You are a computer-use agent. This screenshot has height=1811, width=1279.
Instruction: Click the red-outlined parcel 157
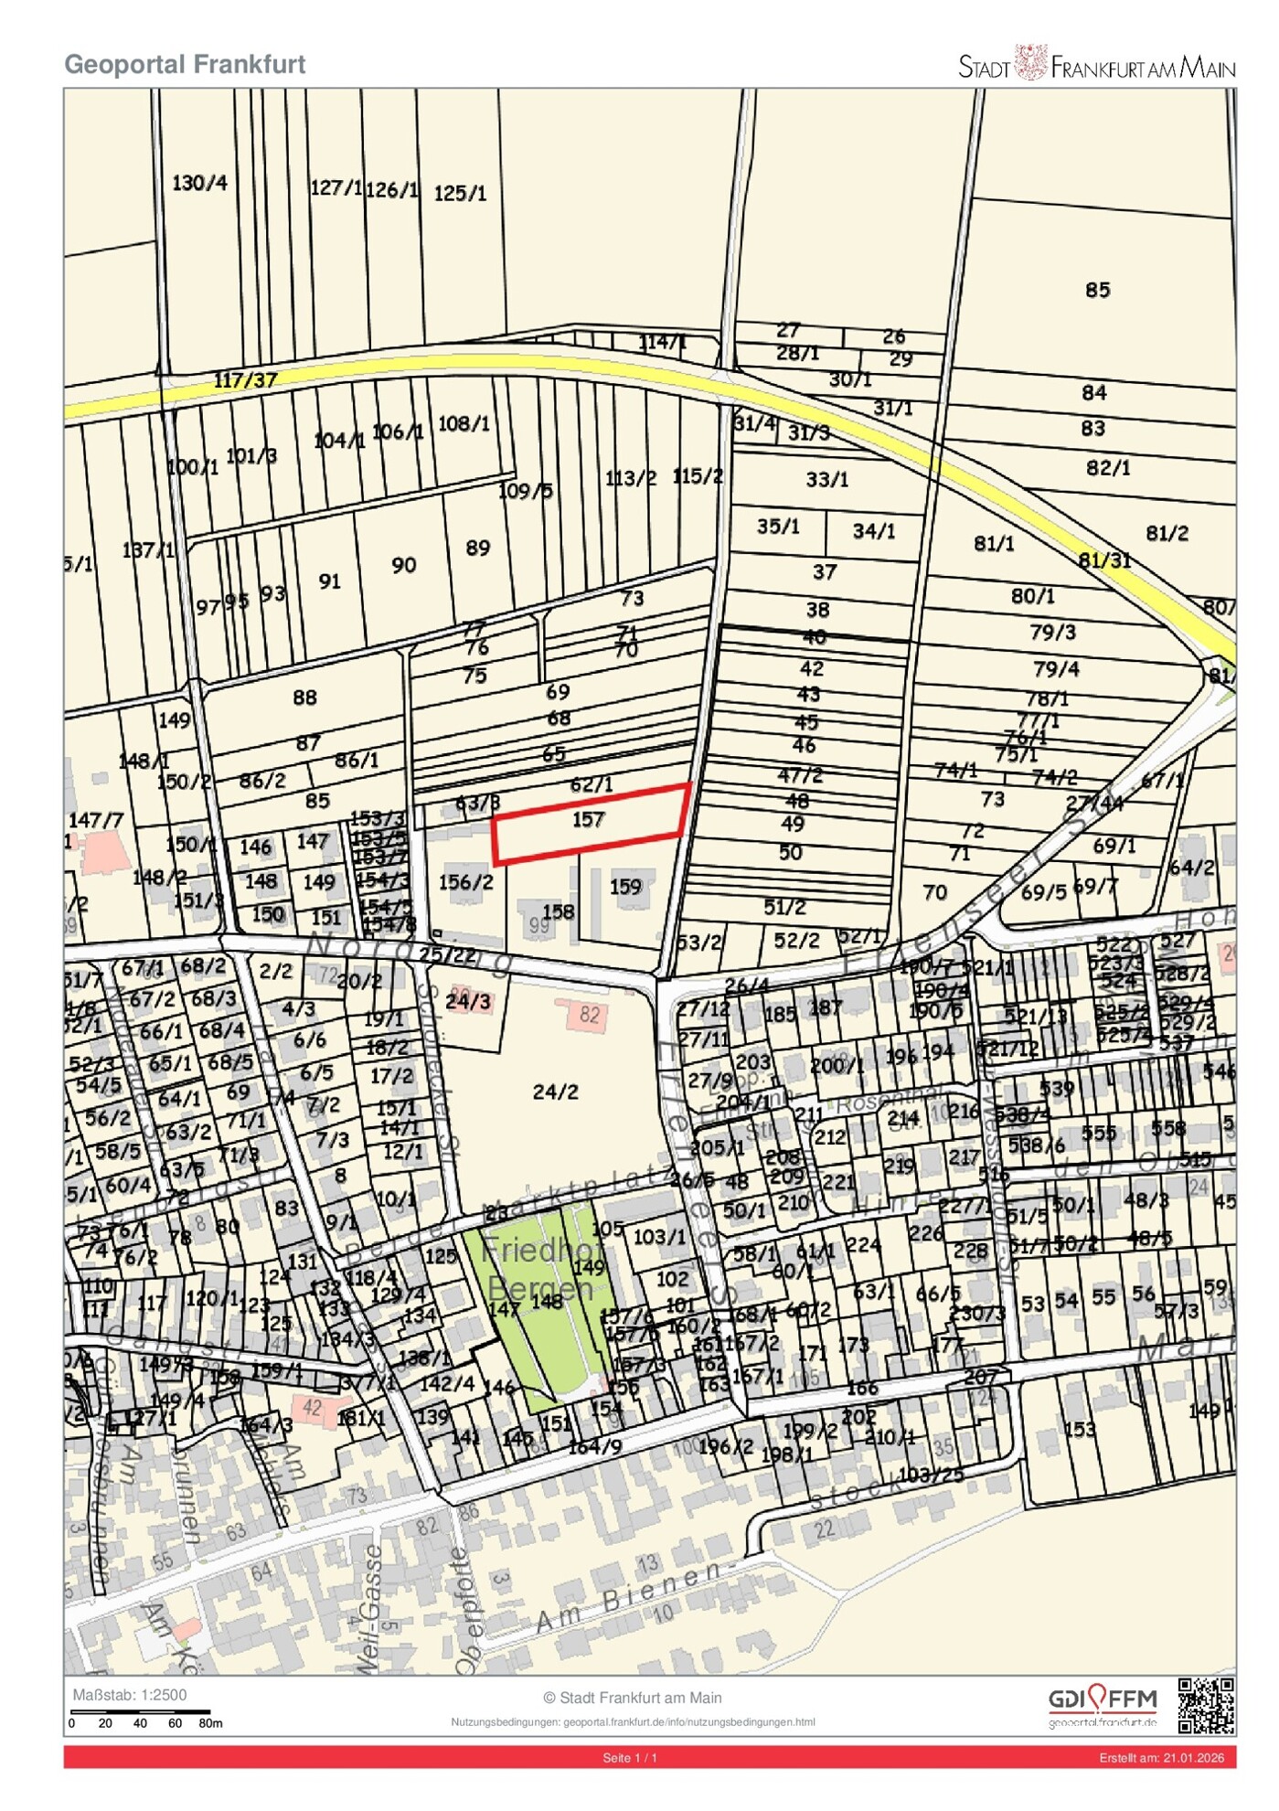590,822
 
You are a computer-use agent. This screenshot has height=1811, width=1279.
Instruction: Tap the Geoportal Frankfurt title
185,64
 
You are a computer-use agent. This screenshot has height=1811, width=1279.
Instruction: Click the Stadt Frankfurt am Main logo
1096,65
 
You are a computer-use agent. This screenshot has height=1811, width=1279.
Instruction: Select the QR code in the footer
1206,1705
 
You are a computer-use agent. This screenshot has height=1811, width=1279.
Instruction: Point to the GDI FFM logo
1102,1705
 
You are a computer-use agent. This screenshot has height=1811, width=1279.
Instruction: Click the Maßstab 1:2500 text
129,1695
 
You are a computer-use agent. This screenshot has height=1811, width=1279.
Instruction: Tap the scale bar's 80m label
210,1723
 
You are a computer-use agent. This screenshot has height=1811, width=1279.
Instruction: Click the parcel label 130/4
199,183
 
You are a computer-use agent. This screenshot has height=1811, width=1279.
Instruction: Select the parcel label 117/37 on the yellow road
245,379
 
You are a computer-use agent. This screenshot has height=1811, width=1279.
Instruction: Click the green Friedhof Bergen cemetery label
541,1269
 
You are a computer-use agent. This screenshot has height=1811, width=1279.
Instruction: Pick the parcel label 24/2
555,1092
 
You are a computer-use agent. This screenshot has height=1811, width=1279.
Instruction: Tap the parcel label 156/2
465,882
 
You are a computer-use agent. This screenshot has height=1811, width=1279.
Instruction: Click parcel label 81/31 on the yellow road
1104,559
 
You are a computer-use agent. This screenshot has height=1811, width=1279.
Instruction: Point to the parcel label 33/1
826,479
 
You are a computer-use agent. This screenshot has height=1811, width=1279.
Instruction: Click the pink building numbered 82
590,1015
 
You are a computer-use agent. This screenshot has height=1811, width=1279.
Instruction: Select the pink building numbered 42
313,1408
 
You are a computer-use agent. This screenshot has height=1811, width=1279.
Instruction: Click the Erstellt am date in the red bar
1161,1757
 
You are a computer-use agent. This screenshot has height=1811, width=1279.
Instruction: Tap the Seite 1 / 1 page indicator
630,1757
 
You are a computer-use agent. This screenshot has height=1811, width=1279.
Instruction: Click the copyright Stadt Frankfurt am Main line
632,1698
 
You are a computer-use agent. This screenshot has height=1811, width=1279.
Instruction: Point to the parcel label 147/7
96,820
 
